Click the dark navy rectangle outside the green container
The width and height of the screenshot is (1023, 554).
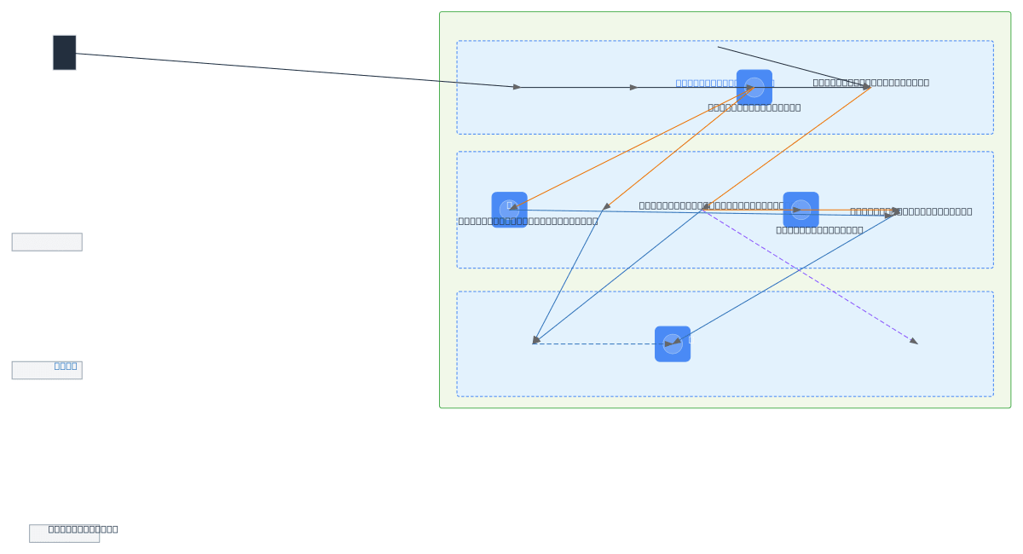(x=64, y=52)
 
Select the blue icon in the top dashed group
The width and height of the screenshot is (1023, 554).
(x=754, y=87)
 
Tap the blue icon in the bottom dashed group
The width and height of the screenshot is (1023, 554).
(x=672, y=343)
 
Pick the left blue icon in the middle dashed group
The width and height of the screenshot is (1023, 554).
(x=509, y=210)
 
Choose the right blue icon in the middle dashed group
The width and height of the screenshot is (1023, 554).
(x=800, y=210)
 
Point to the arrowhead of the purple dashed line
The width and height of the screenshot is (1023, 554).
(x=914, y=341)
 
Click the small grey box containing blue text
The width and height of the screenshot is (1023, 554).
(x=47, y=370)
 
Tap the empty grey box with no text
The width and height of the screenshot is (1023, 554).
(x=47, y=242)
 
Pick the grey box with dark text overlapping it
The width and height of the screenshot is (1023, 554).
(x=64, y=534)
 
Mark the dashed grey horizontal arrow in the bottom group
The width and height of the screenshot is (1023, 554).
(x=597, y=343)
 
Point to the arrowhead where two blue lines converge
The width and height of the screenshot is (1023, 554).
(x=535, y=341)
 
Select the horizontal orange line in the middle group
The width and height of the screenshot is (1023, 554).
(x=844, y=210)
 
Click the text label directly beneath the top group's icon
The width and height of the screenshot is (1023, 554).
(x=754, y=107)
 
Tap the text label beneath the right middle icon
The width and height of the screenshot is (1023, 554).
(x=819, y=229)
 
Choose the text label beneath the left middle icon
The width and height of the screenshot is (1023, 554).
(x=528, y=221)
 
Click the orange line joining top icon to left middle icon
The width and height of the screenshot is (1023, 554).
(x=631, y=147)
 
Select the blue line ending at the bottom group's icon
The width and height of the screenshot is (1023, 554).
(x=784, y=278)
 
